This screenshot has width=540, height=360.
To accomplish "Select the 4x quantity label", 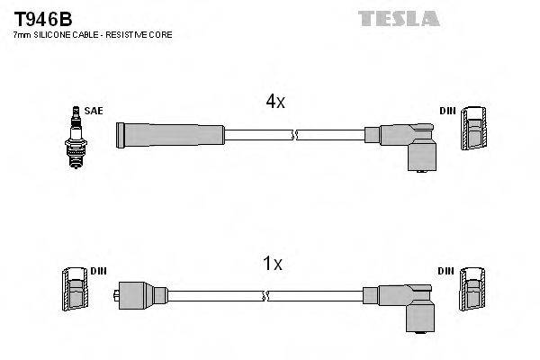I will pos(275,103).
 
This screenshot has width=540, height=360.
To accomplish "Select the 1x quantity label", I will pos(272,264).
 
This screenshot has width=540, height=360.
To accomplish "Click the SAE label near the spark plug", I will pos(94,111).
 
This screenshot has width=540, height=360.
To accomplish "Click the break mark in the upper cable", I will pos(294,135).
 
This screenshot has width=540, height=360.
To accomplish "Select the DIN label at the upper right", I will pos(446,111).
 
